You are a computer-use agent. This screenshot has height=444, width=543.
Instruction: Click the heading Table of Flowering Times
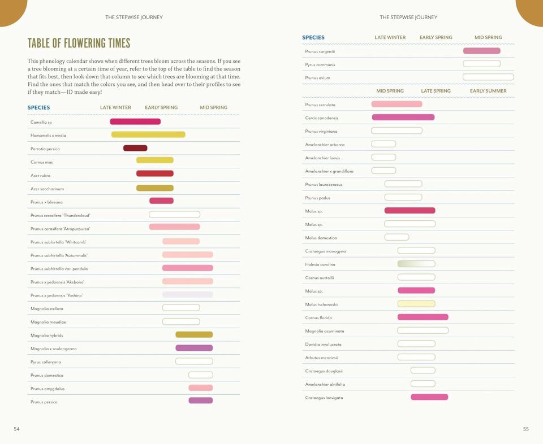(x=79, y=43)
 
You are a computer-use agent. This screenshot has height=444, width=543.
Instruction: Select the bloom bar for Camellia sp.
(x=135, y=121)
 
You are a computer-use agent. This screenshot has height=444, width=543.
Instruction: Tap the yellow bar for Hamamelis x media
(x=148, y=134)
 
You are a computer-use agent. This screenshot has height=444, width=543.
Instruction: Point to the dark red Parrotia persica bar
(x=135, y=148)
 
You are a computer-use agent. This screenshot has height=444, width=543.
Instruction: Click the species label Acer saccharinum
(x=47, y=189)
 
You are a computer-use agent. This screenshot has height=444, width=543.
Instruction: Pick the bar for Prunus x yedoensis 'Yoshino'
(x=187, y=294)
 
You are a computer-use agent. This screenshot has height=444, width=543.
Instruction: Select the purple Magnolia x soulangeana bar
(x=194, y=348)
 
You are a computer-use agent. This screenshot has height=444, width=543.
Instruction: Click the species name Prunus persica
(x=44, y=402)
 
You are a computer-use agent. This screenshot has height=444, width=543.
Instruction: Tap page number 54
(x=17, y=429)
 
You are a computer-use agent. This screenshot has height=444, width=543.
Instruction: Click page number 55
(x=526, y=429)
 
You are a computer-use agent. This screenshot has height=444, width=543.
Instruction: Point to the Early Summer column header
(x=488, y=91)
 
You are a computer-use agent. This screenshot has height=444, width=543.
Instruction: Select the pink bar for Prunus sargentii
(x=482, y=51)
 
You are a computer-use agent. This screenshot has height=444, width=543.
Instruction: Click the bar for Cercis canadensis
(x=403, y=117)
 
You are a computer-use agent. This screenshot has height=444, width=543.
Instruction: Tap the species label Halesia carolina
(x=320, y=264)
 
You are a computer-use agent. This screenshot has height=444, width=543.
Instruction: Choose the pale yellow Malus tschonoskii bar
(x=416, y=304)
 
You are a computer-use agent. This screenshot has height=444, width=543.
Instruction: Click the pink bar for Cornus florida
(x=423, y=317)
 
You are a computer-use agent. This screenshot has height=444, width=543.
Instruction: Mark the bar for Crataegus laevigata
(x=429, y=397)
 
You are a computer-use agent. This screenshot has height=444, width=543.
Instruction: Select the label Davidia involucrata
(x=323, y=344)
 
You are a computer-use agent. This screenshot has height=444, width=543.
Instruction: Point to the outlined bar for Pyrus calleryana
(x=194, y=361)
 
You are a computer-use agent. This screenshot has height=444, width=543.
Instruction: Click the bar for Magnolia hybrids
(x=194, y=334)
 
